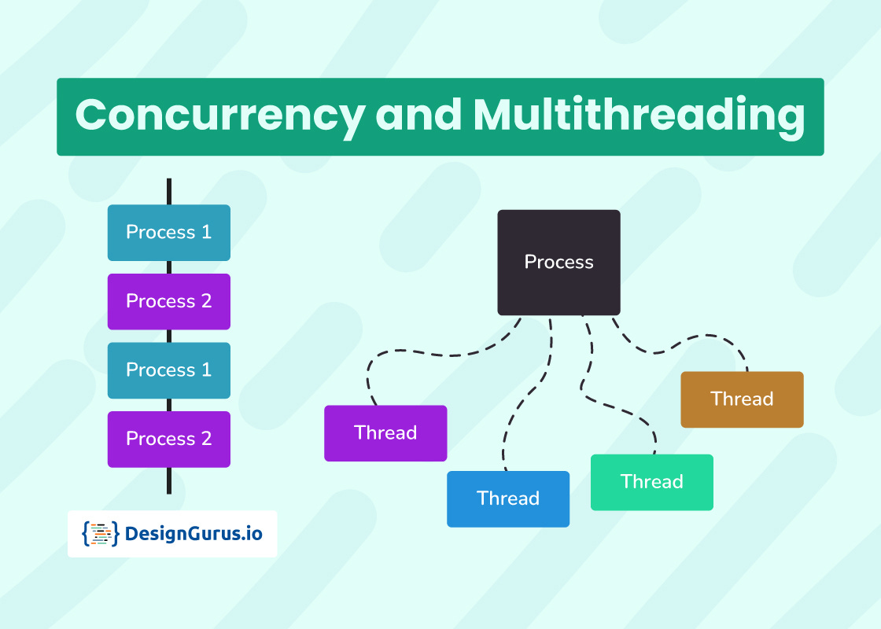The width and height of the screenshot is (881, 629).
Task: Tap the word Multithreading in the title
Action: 639,116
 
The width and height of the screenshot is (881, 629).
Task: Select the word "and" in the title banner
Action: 418,116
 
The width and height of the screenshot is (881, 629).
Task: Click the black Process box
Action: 558,262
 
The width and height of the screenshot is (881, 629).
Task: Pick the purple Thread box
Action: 385,433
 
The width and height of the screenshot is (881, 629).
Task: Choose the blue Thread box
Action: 508,498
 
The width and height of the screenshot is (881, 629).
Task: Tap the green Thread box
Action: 652,482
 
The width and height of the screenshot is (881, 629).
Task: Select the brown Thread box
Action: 742,399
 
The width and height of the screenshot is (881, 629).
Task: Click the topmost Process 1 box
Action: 169,233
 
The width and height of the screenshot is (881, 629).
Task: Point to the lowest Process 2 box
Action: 169,439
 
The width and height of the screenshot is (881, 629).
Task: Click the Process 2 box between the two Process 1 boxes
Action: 169,301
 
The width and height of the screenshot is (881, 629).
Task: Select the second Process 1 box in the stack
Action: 169,370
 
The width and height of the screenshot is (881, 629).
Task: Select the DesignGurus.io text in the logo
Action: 194,535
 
